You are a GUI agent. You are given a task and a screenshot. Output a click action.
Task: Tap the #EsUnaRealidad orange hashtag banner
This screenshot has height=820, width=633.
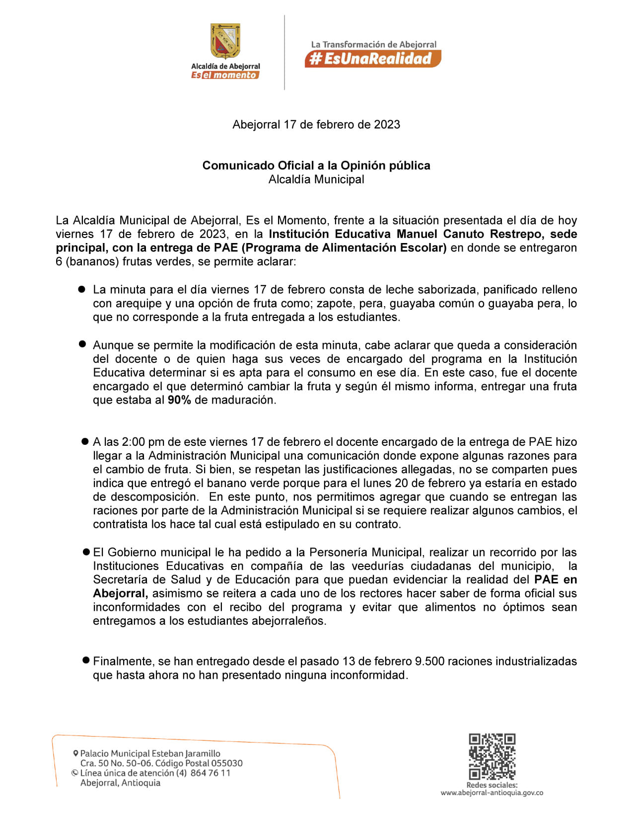point(372,59)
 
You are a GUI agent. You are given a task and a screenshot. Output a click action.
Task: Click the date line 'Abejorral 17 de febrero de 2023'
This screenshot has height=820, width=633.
point(316,125)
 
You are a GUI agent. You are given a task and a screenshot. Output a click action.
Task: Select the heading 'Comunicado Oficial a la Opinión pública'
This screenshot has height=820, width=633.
point(316,165)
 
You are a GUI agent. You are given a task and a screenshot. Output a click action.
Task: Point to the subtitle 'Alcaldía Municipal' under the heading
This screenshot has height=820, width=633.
point(316,179)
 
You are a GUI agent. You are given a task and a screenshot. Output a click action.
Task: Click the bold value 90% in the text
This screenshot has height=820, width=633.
point(179,400)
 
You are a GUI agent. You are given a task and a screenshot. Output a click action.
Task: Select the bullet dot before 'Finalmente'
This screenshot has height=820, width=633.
point(85,660)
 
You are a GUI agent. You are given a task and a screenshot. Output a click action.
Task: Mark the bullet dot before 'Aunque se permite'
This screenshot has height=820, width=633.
point(82,344)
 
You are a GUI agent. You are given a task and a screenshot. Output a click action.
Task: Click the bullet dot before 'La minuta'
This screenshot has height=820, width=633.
point(82,289)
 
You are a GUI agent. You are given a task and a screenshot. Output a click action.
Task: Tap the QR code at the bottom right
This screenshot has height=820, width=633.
point(492,756)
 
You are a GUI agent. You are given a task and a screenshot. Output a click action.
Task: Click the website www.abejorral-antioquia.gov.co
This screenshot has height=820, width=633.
point(492,793)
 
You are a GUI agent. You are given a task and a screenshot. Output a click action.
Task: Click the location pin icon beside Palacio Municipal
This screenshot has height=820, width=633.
point(75,753)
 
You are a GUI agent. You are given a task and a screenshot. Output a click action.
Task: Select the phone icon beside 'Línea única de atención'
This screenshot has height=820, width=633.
point(75,773)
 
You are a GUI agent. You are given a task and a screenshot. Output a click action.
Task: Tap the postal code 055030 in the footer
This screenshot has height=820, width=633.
point(227,763)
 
